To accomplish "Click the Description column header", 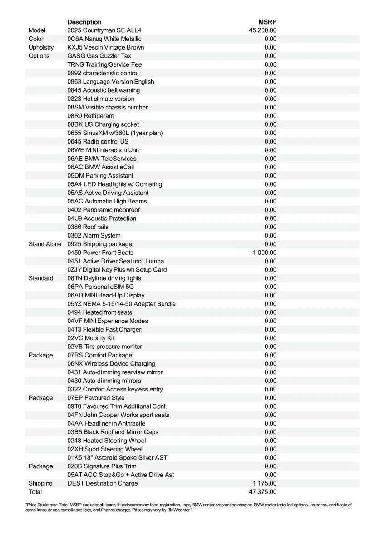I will pos(84,22).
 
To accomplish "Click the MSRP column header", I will pos(268,22).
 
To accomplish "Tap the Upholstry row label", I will pos(41,47).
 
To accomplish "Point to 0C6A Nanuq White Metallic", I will pos(104,39).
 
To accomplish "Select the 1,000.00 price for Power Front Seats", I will pos(265,253).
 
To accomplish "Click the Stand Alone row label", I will pos(44,244).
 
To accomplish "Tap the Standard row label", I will pos(41,278).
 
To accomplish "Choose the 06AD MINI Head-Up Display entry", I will pos(106,295).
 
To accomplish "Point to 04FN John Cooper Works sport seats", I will pos(118,415).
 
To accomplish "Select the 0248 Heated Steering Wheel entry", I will pos(107,441).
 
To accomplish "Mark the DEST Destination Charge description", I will pos(103,483).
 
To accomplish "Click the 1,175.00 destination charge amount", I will pos(265,483).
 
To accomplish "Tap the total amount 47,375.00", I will pos(263,492).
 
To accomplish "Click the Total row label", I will pos(35,492).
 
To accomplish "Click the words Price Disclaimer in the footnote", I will pos(43,505).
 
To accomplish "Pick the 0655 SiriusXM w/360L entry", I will pos(115,133).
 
